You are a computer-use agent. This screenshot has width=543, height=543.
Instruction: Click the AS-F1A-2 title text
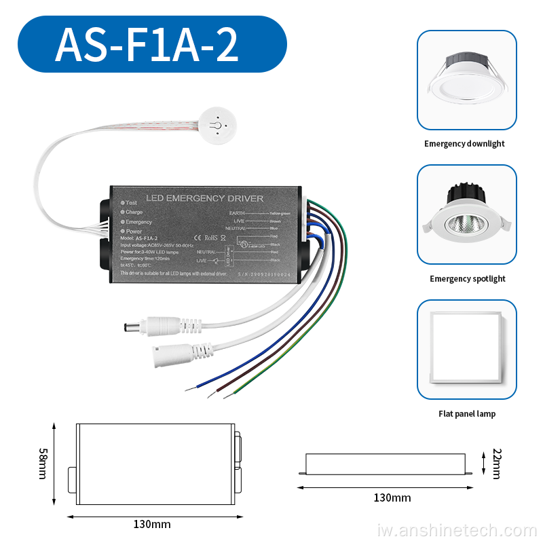(147, 44)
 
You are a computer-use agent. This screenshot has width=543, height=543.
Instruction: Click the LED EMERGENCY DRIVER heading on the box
(205, 198)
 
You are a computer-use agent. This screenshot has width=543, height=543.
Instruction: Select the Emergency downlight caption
(464, 144)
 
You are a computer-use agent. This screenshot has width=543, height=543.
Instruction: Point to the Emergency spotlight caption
(467, 279)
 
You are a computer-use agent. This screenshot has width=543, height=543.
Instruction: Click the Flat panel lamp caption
(467, 414)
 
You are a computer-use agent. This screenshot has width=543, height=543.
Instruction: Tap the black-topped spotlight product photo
(466, 215)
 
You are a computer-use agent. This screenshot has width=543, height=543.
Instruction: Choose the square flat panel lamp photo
(466, 350)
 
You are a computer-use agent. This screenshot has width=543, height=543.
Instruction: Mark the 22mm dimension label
(496, 464)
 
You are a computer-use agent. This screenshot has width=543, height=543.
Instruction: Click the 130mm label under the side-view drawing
(392, 498)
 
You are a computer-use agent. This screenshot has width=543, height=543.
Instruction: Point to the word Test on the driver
(132, 202)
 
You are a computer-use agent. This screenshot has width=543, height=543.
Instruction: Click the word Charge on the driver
(134, 212)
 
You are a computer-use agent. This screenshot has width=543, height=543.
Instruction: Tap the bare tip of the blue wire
(189, 388)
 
